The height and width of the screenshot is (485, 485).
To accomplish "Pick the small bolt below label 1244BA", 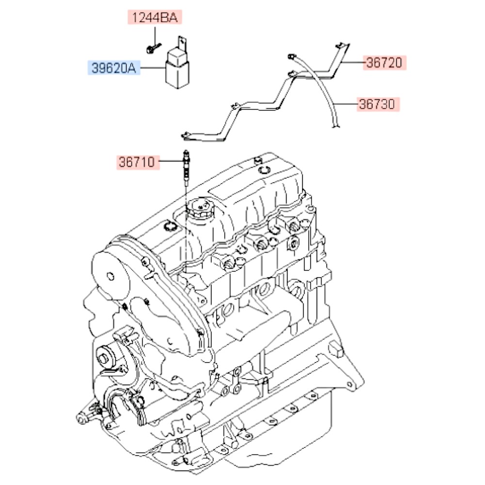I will click(152, 48).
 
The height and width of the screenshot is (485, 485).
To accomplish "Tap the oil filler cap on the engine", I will click(198, 210).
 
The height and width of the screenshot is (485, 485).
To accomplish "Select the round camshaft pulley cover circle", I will click(111, 277).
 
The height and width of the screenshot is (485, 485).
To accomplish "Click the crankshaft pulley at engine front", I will click(104, 359).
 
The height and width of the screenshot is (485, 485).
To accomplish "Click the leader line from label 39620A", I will click(153, 68).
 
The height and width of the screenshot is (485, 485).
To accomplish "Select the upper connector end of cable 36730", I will click(291, 56).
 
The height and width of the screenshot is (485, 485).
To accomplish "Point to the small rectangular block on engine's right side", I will click(335, 348).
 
